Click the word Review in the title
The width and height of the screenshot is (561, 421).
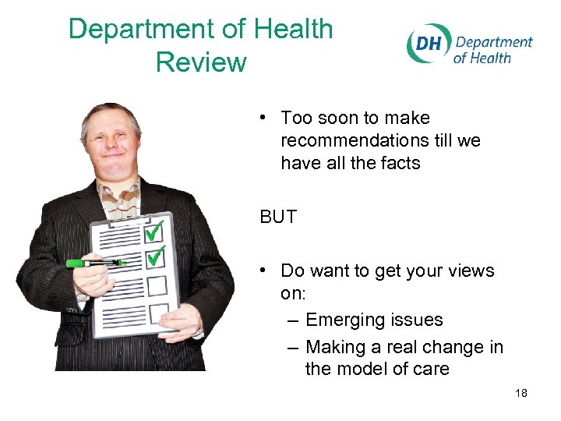tap(201, 62)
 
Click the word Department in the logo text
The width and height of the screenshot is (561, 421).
tap(494, 42)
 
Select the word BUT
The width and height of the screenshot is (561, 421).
tap(278, 217)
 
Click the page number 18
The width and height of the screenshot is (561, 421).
tap(521, 393)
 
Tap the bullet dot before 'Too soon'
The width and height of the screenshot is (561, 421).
tap(265, 117)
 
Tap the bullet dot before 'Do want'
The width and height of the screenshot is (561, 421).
tap(265, 270)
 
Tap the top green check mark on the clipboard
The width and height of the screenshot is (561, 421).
tap(156, 230)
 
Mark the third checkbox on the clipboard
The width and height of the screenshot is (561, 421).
tap(157, 285)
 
